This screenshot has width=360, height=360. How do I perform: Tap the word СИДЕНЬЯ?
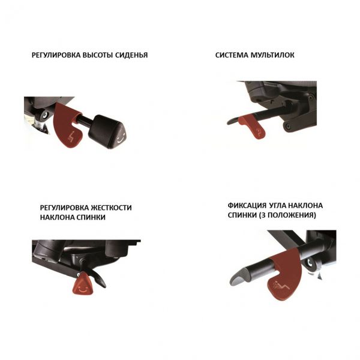click(131, 55)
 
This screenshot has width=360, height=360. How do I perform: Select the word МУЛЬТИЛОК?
click(272, 55)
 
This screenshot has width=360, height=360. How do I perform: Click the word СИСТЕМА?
click(232, 55)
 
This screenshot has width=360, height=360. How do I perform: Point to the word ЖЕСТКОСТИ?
click(111, 208)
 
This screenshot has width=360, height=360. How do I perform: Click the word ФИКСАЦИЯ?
click(247, 205)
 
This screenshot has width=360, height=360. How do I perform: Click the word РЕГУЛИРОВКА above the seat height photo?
click(56, 55)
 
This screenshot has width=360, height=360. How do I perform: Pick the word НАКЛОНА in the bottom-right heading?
click(305, 205)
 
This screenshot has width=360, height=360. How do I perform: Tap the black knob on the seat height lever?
click(107, 132)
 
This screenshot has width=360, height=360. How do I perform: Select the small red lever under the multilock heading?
click(253, 126)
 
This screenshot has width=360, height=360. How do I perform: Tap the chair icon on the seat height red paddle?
click(71, 136)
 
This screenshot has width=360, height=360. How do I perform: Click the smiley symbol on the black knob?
click(121, 139)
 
